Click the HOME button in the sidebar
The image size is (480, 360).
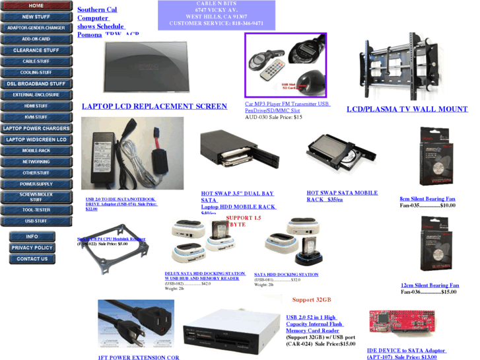36,5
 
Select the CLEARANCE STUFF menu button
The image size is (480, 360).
36,50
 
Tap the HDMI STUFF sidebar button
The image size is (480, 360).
36,106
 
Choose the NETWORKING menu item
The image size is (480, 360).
36,162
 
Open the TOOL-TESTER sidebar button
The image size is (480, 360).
36,210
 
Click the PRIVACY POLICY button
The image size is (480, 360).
32,248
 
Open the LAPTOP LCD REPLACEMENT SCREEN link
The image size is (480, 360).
154,106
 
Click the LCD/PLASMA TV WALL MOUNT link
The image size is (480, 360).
407,109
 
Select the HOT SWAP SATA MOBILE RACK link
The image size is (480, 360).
342,196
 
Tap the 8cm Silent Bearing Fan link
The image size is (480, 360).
427,199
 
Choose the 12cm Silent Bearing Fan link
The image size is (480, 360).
430,285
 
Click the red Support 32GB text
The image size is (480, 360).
312,300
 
